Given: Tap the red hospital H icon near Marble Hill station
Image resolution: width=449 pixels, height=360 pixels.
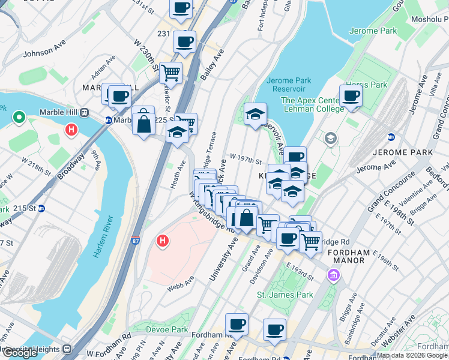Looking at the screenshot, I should click(x=71, y=129).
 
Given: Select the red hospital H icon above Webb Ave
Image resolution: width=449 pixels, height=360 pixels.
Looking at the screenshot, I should click(x=161, y=241).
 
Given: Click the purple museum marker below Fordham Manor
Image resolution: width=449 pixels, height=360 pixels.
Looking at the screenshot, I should click(x=333, y=275).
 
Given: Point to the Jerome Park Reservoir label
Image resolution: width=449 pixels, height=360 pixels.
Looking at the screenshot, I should click(x=288, y=85).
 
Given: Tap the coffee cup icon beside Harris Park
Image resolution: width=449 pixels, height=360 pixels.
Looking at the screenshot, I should click(x=351, y=96).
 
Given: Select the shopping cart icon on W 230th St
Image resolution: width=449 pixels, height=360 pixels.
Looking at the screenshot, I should click(x=171, y=73).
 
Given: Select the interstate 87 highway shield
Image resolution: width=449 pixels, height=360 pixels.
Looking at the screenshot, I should click(x=136, y=241).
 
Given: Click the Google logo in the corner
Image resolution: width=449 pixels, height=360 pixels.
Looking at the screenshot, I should click(x=20, y=352).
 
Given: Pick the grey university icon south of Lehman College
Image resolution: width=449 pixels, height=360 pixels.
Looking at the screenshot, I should click(x=330, y=139).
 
